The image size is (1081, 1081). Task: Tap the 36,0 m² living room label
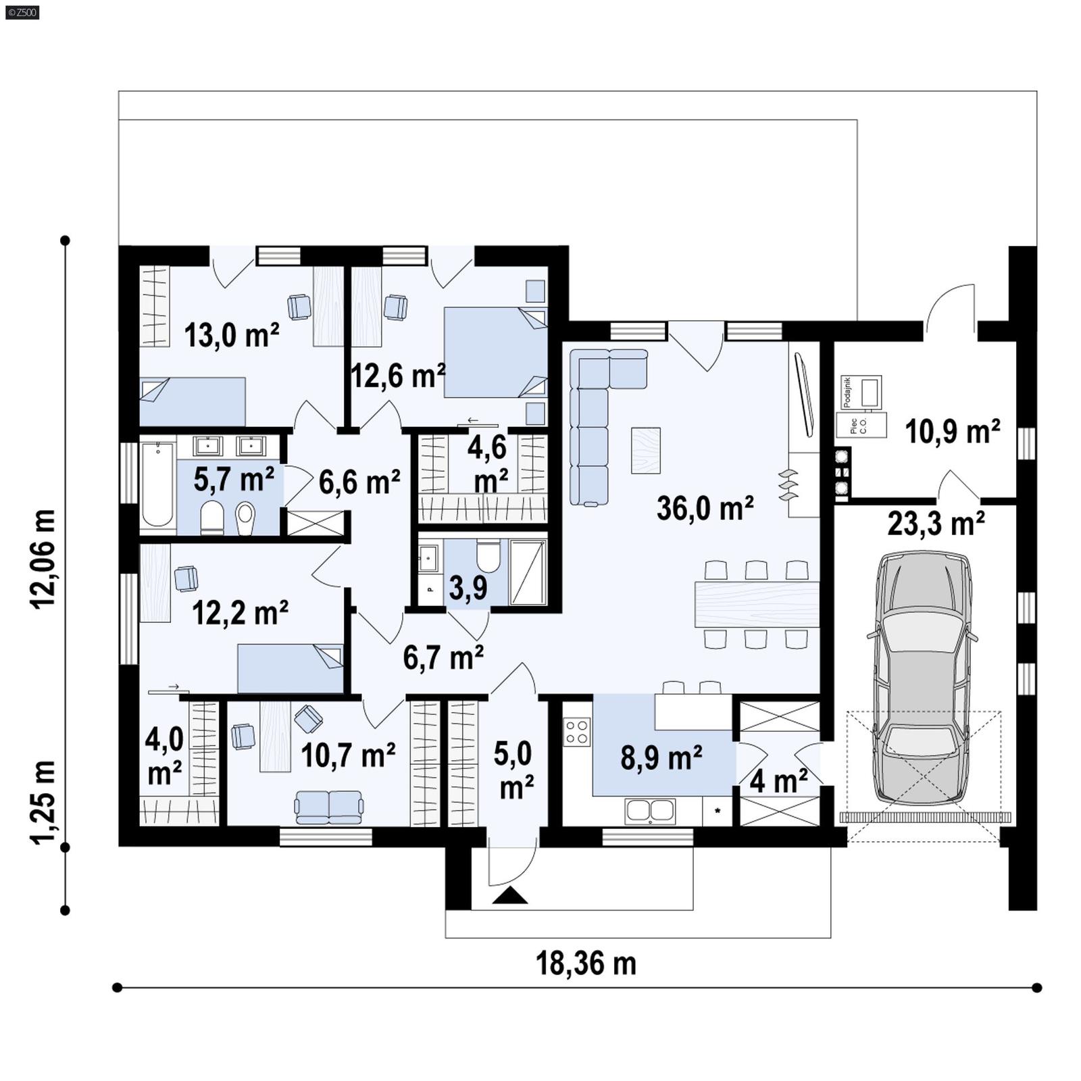pos(705,508)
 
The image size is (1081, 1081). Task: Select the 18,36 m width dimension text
pos(586,963)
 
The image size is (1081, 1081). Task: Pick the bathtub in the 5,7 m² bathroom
pos(157,484)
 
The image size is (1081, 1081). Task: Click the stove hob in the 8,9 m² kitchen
pos(577,732)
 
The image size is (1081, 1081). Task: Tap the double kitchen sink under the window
pos(650,811)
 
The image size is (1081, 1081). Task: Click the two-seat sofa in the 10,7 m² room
pos(329,807)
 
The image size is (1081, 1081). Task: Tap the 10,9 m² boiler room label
pos(952,432)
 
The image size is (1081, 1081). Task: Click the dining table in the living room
pos(757,603)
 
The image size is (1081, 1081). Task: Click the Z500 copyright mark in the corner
pos(22,11)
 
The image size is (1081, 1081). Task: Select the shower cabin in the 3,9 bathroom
pos(528,572)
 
